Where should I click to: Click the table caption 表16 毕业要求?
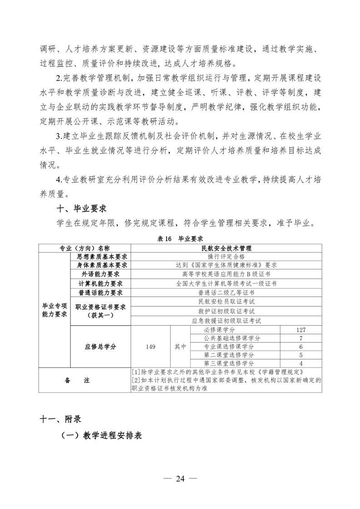180,238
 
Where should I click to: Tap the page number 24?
180,479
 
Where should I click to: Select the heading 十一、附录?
60,418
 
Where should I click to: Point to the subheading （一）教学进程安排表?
102,436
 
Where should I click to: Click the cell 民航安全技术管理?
226,248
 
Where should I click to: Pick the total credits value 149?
151,347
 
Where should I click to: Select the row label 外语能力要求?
100,274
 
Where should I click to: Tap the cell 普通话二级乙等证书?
226,292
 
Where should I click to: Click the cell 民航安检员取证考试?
226,302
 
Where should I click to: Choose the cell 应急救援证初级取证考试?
226,320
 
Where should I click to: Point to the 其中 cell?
181,347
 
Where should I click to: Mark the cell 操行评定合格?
226,256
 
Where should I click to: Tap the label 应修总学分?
100,347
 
